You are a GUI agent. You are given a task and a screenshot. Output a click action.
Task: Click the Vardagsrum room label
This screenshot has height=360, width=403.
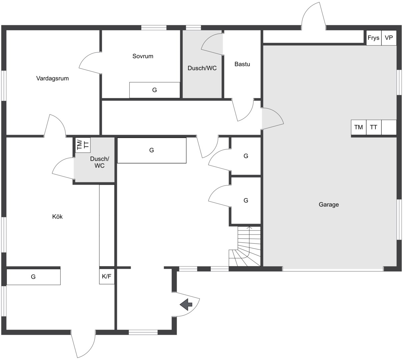click(53, 78)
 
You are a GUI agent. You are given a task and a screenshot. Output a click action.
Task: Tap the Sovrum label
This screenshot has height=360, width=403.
click(143, 56)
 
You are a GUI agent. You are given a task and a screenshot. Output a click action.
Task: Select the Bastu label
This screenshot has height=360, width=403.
click(242, 64)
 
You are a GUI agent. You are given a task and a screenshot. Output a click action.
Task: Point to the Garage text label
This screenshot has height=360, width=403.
click(329, 204)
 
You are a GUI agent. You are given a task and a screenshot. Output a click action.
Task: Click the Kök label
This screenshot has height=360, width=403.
click(57, 216)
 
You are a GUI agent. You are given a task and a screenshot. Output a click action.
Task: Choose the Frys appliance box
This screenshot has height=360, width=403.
click(374, 38)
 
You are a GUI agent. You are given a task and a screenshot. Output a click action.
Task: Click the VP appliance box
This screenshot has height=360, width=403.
click(389, 38)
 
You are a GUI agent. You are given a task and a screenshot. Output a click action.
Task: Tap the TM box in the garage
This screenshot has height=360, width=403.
click(359, 127)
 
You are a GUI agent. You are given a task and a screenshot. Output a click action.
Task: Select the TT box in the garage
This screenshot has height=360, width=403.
click(374, 127)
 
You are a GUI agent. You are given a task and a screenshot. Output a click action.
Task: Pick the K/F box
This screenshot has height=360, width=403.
click(107, 276)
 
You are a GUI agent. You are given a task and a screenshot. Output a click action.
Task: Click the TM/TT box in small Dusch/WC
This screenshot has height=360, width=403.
click(83, 145)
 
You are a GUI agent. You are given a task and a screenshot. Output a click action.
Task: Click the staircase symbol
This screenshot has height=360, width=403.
click(245, 246)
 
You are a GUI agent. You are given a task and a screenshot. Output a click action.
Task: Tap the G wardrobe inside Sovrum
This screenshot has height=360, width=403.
click(155, 90)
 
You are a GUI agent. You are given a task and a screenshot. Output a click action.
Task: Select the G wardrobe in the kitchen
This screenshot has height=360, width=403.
click(33, 277)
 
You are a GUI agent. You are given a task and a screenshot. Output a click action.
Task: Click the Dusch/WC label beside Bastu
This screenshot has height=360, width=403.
click(202, 68)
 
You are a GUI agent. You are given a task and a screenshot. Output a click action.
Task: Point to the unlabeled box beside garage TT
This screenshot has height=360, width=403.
click(389, 127)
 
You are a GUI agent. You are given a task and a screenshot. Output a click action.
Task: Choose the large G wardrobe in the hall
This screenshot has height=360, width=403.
click(152, 150)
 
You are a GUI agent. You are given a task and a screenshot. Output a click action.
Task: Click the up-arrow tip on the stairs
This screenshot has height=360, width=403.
click(249, 227)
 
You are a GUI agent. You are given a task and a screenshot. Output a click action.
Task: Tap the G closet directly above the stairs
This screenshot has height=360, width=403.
click(246, 200)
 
